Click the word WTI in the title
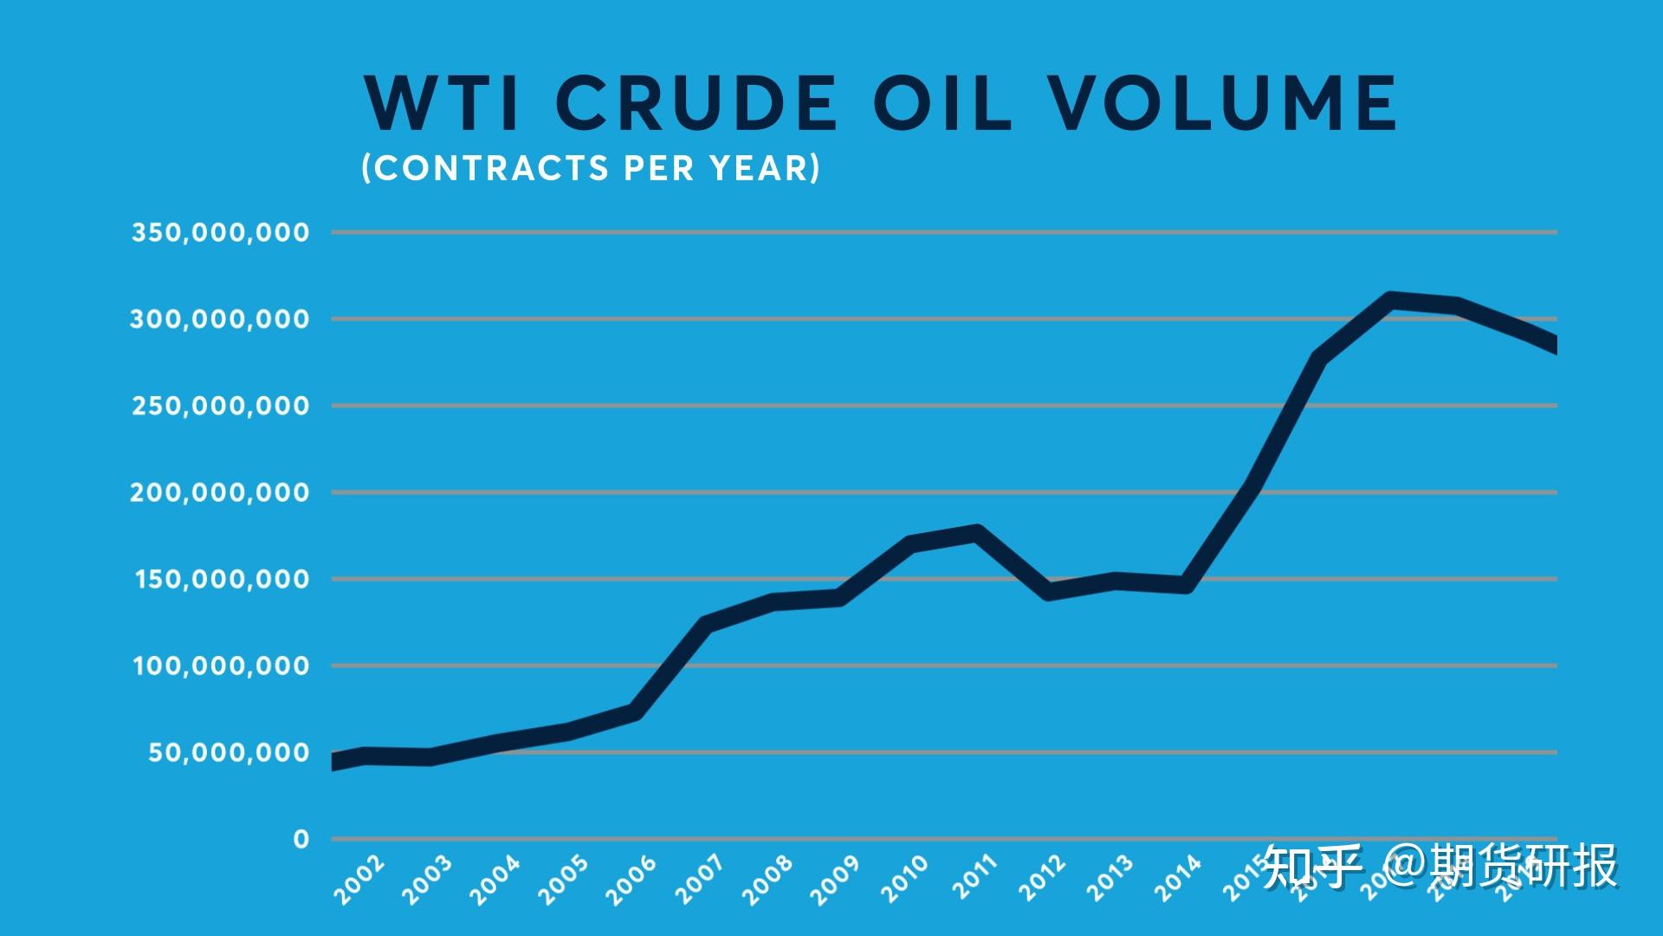[x=442, y=103]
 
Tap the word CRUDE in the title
[x=696, y=103]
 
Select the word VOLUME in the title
[x=1224, y=103]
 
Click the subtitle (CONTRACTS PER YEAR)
[x=591, y=168]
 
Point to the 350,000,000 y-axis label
[x=220, y=232]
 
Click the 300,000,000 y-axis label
[x=220, y=319]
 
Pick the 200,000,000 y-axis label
[x=220, y=492]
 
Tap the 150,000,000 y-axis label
[x=222, y=579]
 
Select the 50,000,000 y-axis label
[x=229, y=752]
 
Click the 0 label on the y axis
[x=301, y=839]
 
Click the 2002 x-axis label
[x=359, y=880]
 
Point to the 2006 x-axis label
[x=631, y=880]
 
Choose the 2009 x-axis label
[x=835, y=880]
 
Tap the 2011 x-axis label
[x=974, y=877]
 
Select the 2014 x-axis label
[x=1178, y=877]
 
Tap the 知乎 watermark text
[x=1311, y=867]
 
